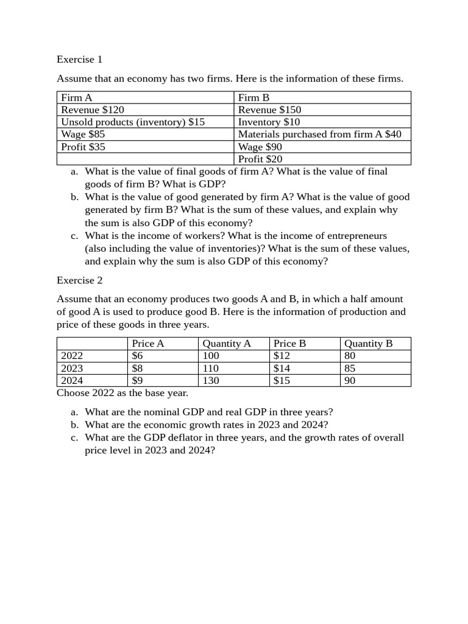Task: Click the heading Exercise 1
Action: (79, 59)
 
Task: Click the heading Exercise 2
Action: (79, 280)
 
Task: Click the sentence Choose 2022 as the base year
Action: (122, 393)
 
